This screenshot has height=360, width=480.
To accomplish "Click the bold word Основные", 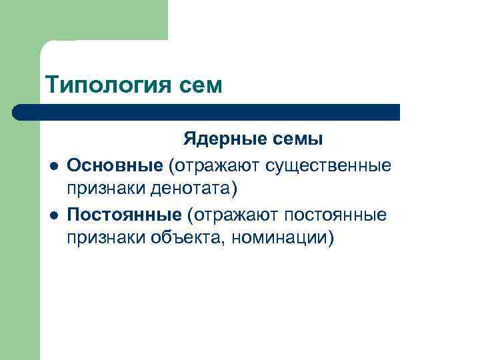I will coord(114,164).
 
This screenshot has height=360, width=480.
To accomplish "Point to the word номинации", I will coord(279,239).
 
